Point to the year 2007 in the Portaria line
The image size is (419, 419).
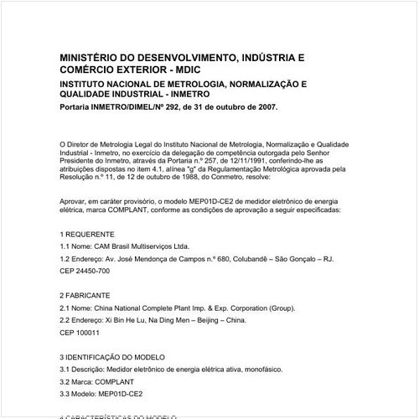point(263,108)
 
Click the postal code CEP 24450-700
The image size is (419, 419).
point(85,272)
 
